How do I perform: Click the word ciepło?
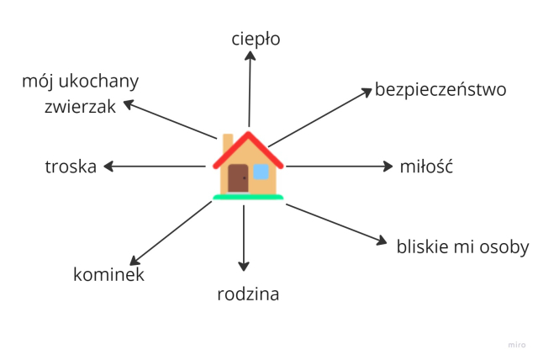256,39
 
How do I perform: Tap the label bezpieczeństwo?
440,89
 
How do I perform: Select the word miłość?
426,167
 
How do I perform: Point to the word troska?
71,167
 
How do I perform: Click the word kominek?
108,274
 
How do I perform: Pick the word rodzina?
248,294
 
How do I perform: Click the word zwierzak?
81,106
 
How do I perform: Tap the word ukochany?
98,82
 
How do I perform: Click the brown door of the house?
238,178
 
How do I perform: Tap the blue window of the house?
261,172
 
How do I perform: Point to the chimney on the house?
228,143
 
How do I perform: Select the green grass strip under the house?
248,198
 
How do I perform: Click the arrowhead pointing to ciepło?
251,56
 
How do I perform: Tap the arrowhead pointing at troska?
108,167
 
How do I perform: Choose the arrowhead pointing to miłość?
388,167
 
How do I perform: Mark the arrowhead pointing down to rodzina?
244,267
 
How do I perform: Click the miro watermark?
517,345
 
